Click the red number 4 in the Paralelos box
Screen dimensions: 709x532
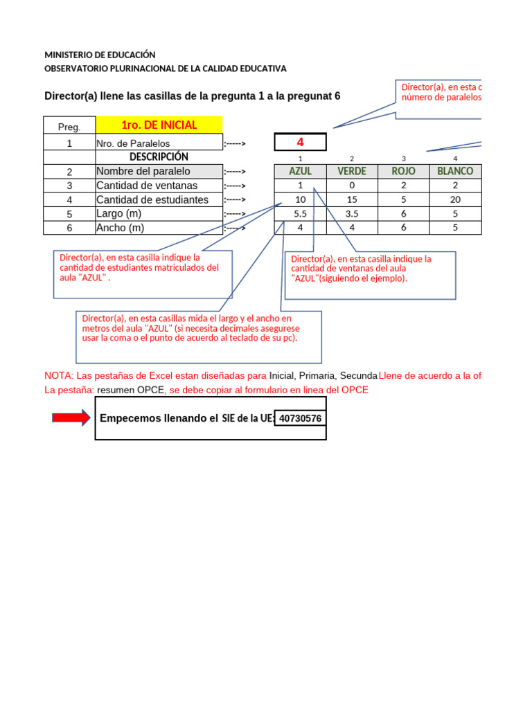[300, 143]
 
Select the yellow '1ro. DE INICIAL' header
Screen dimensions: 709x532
[159, 125]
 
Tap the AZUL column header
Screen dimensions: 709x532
[300, 171]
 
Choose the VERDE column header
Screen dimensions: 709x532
[352, 171]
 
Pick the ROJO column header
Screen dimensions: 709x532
[403, 171]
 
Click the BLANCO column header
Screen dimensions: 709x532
[455, 171]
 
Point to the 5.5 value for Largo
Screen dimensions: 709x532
[300, 214]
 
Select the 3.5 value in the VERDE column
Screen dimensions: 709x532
[352, 214]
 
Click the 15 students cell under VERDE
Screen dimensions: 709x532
[352, 199]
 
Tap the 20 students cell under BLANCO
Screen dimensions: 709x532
[455, 199]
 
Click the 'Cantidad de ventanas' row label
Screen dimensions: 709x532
[147, 186]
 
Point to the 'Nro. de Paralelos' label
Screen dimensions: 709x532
[133, 143]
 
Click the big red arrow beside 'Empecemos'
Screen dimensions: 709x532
[71, 418]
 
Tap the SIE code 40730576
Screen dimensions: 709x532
[301, 418]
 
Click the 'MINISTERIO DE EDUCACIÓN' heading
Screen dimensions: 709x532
[100, 55]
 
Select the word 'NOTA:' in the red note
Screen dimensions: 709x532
[58, 375]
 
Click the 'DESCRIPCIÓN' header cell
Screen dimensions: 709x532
[159, 157]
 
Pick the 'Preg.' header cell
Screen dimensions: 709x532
[69, 127]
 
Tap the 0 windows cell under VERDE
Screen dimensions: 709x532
[352, 186]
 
